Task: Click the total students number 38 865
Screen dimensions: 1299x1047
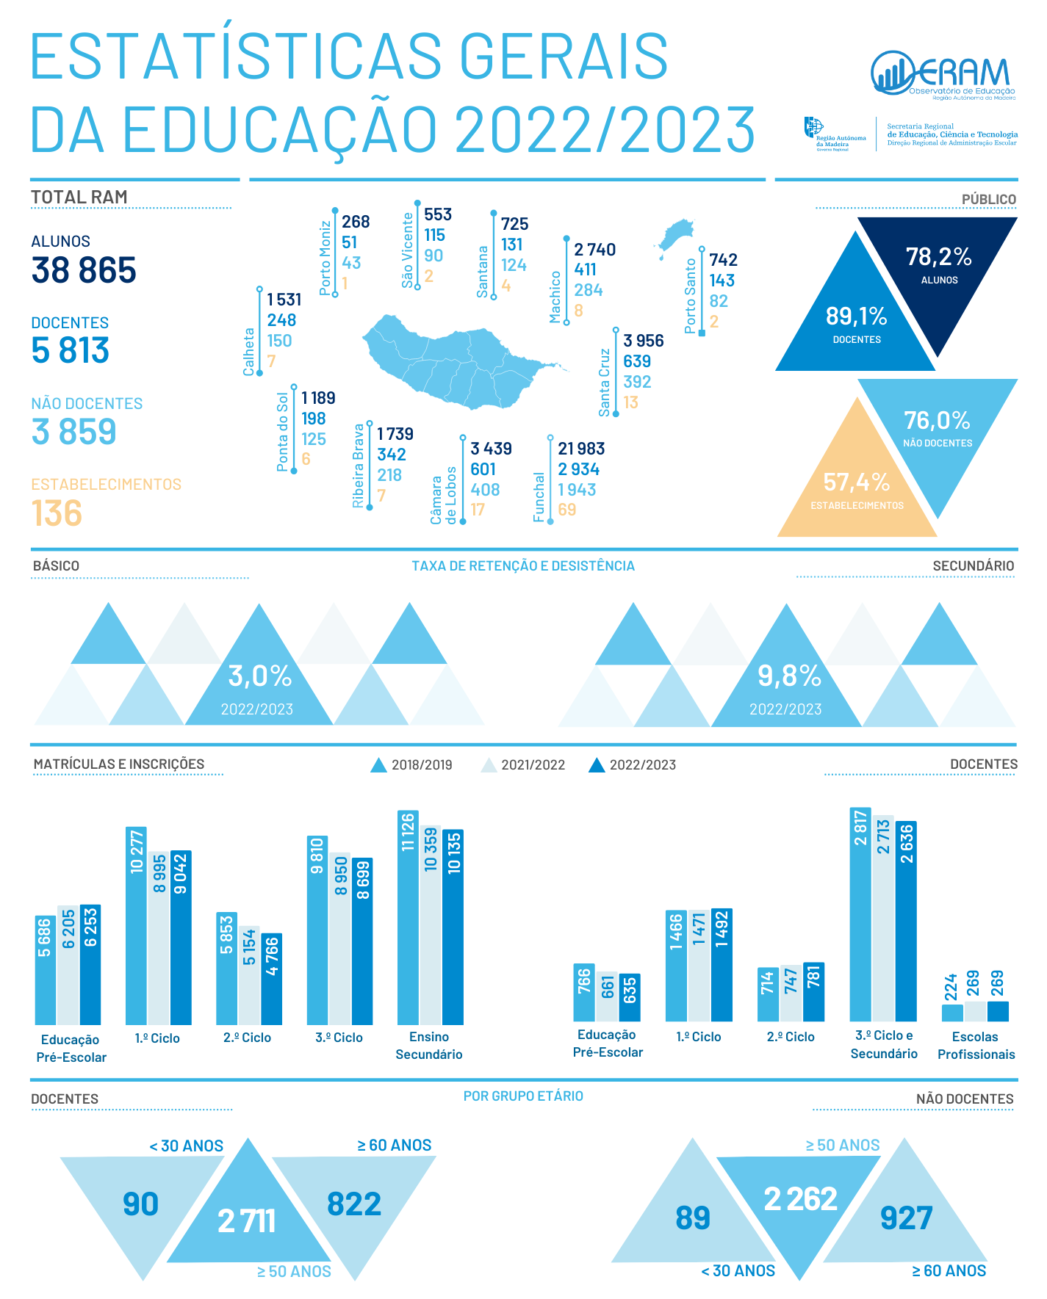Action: click(84, 270)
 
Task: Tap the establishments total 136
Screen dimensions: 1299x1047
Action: click(57, 513)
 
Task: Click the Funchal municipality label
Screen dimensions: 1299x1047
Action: click(539, 497)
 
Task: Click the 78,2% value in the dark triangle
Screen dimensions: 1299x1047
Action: click(938, 257)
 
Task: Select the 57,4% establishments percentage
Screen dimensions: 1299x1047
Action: click(856, 482)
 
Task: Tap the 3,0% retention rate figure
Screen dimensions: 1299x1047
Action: click(259, 676)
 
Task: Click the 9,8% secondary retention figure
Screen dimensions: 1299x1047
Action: click(788, 676)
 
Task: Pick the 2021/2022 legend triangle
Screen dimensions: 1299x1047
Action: click(489, 765)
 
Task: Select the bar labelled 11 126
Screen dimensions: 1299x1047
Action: click(408, 917)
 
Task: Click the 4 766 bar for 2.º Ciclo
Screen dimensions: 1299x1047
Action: click(272, 979)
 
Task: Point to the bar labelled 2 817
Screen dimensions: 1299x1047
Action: click(860, 914)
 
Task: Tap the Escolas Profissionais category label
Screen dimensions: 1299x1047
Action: click(976, 1046)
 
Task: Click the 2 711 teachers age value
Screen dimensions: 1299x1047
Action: click(247, 1221)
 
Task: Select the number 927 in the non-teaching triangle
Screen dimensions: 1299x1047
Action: click(906, 1218)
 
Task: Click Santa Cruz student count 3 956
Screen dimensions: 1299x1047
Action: click(643, 341)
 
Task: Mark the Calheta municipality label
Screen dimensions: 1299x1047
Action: click(249, 352)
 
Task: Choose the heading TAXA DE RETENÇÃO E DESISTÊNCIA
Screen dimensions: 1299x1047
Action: click(522, 566)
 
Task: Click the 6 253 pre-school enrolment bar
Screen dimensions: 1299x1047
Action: click(90, 964)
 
